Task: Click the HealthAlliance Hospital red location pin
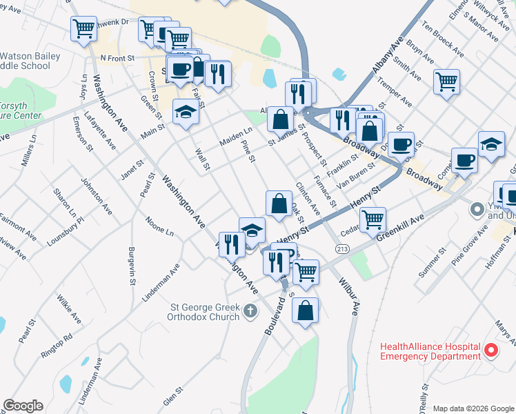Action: (x=491, y=351)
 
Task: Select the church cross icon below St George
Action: (x=251, y=313)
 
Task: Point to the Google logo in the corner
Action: (x=23, y=406)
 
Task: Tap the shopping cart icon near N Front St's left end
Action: (x=83, y=29)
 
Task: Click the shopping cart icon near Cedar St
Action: (x=373, y=219)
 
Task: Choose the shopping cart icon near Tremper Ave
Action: (x=446, y=81)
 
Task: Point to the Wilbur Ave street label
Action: (x=349, y=296)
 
